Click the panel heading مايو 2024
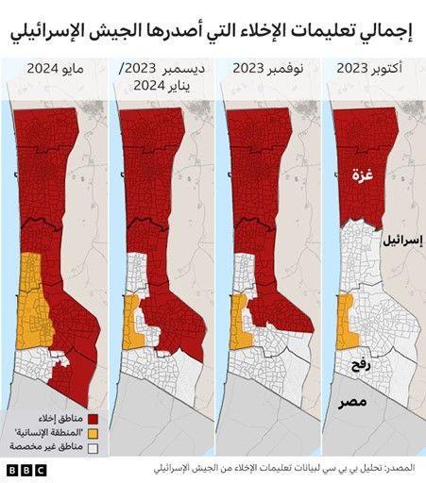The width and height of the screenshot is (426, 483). (x=55, y=69)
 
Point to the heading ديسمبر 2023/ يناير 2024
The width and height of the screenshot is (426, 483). (x=155, y=77)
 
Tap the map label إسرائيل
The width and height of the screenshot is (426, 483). (x=400, y=241)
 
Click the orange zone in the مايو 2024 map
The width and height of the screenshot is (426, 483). (x=32, y=302)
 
